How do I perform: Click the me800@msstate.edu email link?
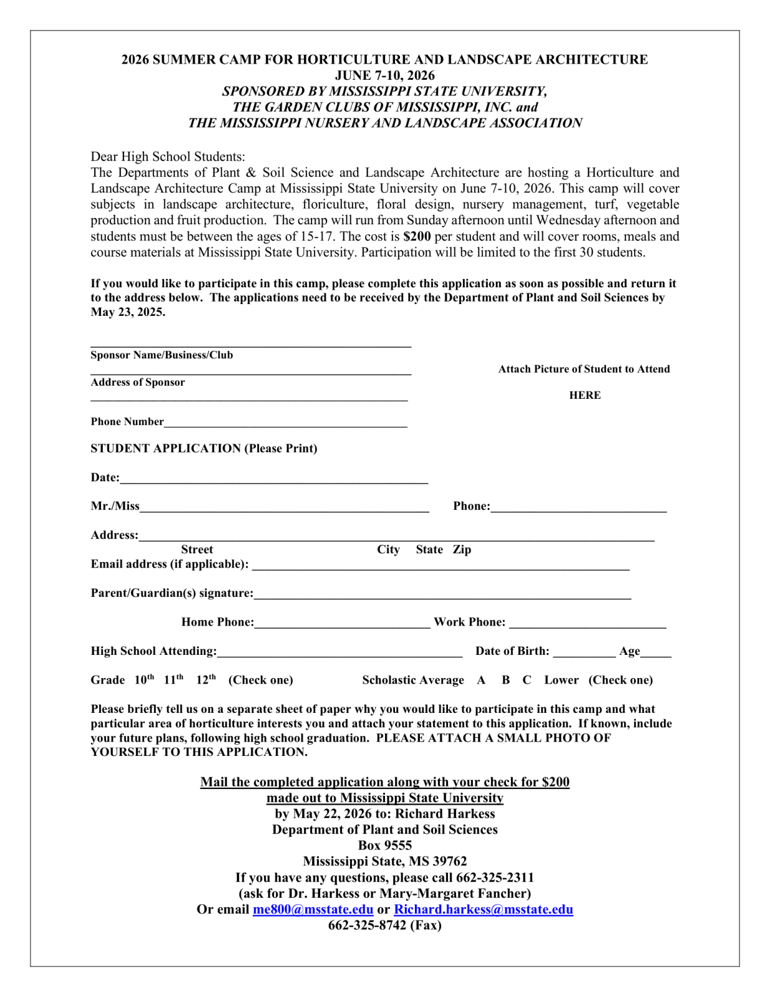click(x=313, y=909)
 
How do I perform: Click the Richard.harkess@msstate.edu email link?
click(x=483, y=909)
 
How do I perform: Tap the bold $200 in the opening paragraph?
click(x=417, y=236)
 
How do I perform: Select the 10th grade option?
click(x=144, y=680)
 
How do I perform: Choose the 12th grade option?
click(x=206, y=680)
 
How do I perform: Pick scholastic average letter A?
click(x=481, y=680)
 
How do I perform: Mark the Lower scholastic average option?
click(x=561, y=680)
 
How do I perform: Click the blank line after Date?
click(x=274, y=479)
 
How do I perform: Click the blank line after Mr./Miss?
click(x=284, y=507)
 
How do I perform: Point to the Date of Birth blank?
click(x=584, y=652)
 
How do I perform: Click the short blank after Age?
click(x=655, y=652)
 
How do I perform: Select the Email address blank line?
click(x=440, y=565)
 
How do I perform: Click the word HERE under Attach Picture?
click(x=584, y=395)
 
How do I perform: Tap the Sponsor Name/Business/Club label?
click(x=161, y=355)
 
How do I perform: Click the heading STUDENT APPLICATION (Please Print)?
click(x=204, y=449)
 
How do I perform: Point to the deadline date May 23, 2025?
click(x=128, y=312)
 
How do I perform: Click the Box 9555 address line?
click(x=384, y=846)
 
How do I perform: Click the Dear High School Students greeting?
click(x=168, y=156)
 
